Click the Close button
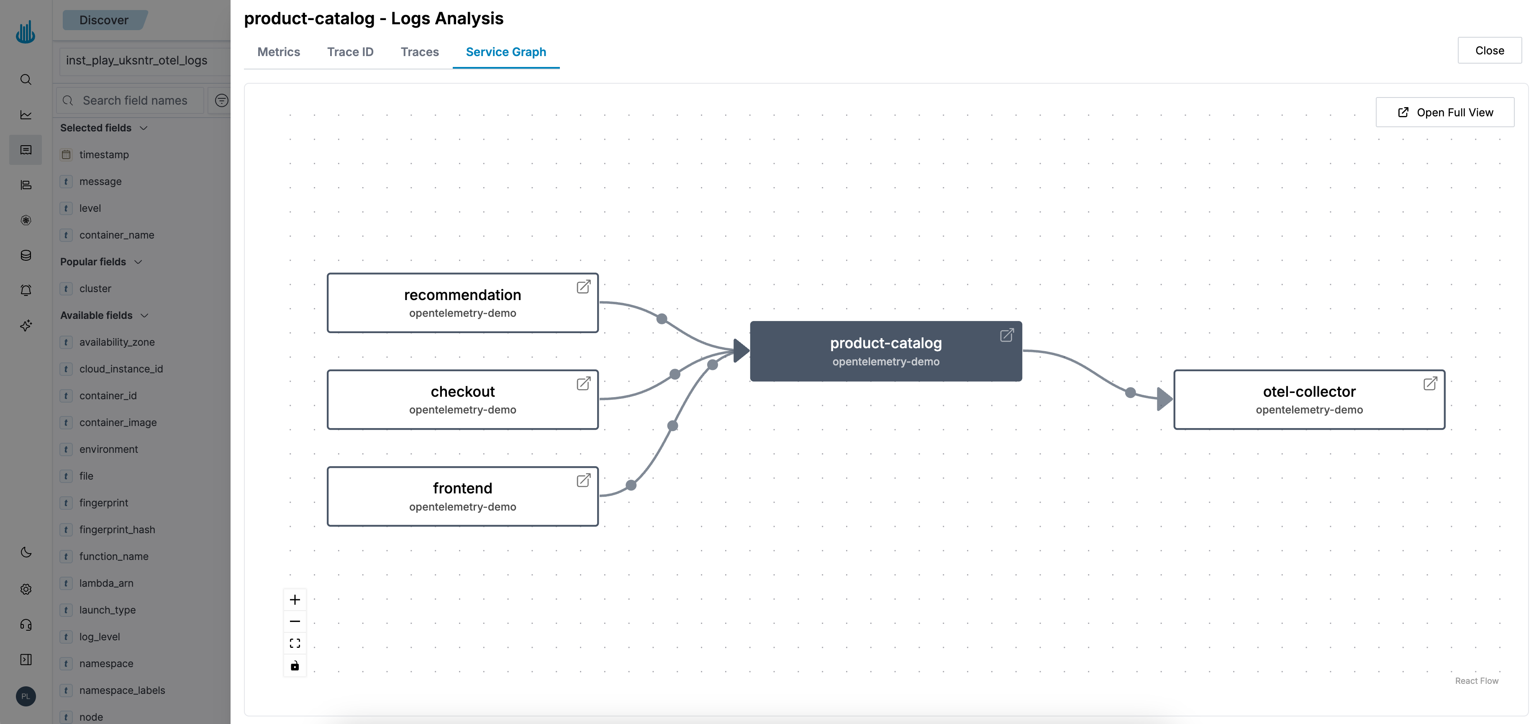(x=1489, y=51)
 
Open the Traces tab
(x=419, y=52)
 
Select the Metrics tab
(x=278, y=52)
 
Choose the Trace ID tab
(x=350, y=52)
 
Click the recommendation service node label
(x=462, y=295)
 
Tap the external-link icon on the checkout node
(x=583, y=383)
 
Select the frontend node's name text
(x=462, y=488)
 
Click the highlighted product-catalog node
(x=885, y=351)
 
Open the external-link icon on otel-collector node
(x=1430, y=383)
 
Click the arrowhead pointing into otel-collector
(x=1164, y=398)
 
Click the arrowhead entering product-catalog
(x=741, y=351)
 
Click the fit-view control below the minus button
(x=295, y=643)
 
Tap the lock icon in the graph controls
(x=295, y=665)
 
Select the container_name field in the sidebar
(x=116, y=235)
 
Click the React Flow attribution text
(x=1476, y=681)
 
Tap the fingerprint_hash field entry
(x=117, y=529)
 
